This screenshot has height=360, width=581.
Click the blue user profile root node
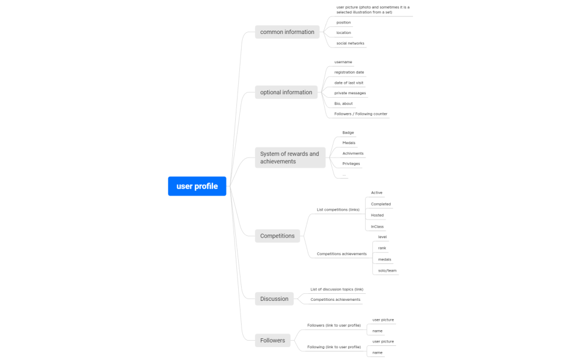[x=197, y=186]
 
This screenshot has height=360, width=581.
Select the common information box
[x=287, y=32]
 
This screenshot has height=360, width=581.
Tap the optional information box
[x=286, y=92]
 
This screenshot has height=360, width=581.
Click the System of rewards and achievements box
[x=290, y=157]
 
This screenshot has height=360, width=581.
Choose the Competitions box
[x=277, y=236]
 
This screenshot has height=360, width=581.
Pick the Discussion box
[x=274, y=299]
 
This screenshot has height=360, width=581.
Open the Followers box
[x=273, y=340]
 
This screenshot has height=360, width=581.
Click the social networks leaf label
[x=350, y=43]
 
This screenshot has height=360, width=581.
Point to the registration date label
[x=349, y=72]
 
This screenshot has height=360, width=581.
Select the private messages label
[x=350, y=93]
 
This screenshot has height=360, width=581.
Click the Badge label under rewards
[x=348, y=133]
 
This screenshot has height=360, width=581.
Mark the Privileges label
[x=350, y=164]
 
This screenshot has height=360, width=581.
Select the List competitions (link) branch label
[x=338, y=210]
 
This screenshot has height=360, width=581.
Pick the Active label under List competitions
[x=377, y=193]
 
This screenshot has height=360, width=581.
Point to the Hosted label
[x=377, y=215]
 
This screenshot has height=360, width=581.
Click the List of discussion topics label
[x=336, y=289]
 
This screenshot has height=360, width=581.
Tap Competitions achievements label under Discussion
[x=335, y=299]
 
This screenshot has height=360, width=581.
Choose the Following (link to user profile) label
[x=334, y=347]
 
